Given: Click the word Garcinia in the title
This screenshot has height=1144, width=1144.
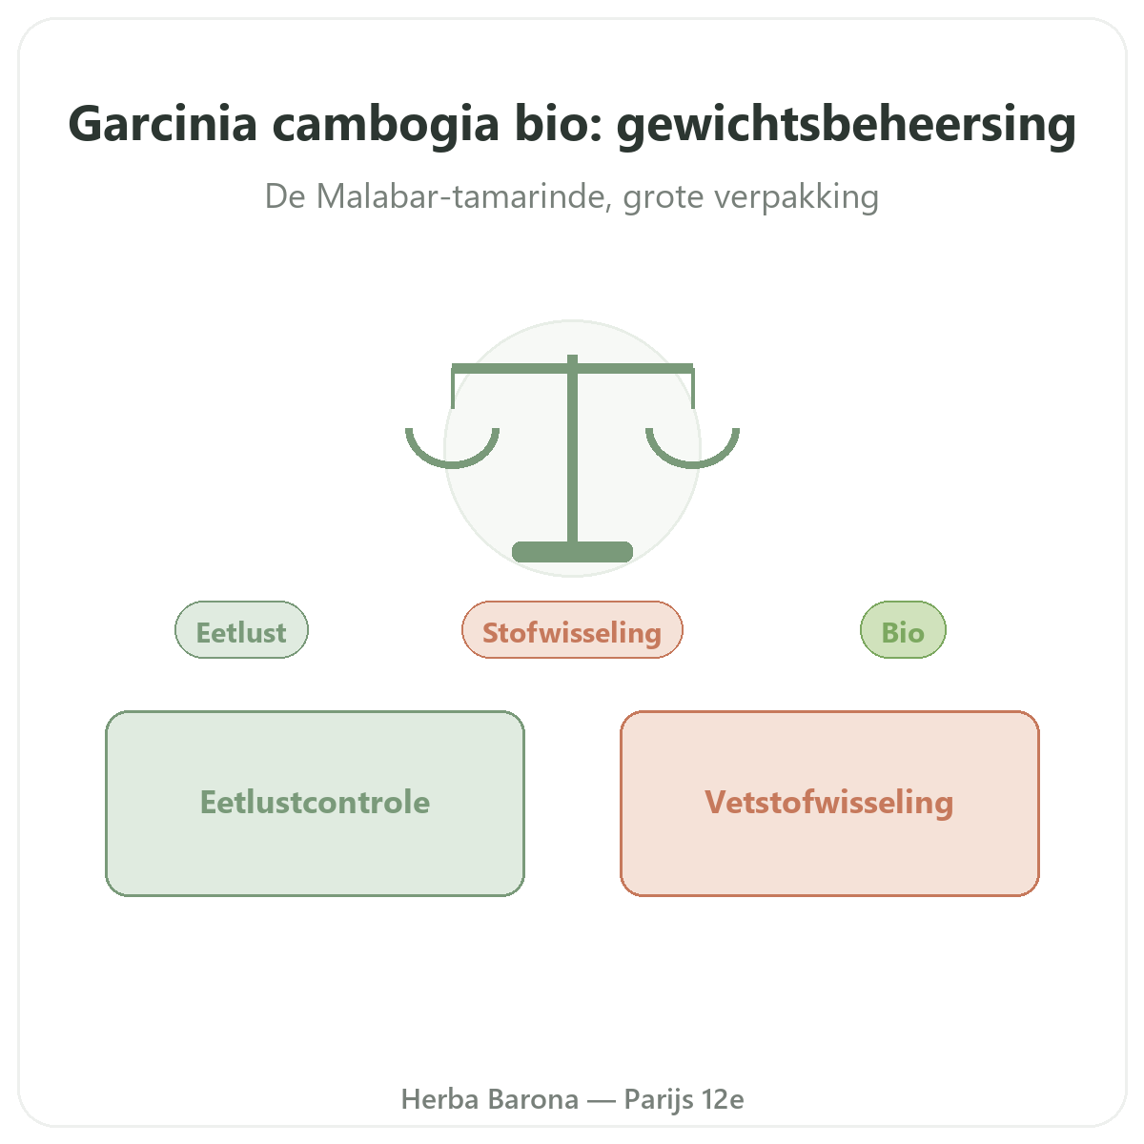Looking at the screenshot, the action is click(x=163, y=124).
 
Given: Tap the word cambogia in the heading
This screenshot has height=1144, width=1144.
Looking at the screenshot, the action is click(x=385, y=125).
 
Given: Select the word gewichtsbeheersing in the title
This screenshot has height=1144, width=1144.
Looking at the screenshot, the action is click(x=846, y=125).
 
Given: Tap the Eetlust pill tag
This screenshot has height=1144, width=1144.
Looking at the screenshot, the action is click(x=241, y=630).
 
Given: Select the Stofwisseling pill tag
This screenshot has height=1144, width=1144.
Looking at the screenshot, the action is click(x=572, y=630).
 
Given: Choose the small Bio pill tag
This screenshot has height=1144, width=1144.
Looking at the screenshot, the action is click(x=903, y=630).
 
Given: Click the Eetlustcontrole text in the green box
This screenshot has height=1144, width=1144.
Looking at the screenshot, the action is click(x=316, y=803).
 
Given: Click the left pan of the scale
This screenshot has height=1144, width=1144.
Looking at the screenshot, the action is click(x=453, y=463).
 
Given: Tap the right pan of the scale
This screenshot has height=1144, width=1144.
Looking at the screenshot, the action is click(x=693, y=463).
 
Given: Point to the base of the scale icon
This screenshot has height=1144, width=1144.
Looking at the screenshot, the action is click(x=572, y=552).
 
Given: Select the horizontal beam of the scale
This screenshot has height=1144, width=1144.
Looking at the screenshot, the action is click(x=572, y=369).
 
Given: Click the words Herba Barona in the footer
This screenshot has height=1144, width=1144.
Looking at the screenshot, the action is click(x=490, y=1099).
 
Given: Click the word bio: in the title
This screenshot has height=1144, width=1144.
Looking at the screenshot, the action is click(x=559, y=124).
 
